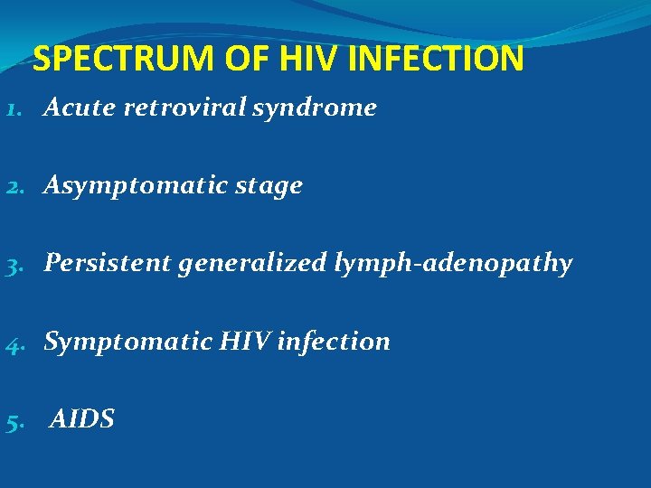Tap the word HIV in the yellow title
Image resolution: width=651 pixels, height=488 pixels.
(306, 60)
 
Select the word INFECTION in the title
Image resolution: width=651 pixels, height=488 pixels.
(436, 60)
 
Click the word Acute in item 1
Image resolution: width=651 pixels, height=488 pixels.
(80, 108)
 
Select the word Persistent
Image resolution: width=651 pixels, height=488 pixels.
(108, 263)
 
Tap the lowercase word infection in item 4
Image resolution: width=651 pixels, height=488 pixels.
(335, 342)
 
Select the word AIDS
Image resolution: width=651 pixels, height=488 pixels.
(82, 419)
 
